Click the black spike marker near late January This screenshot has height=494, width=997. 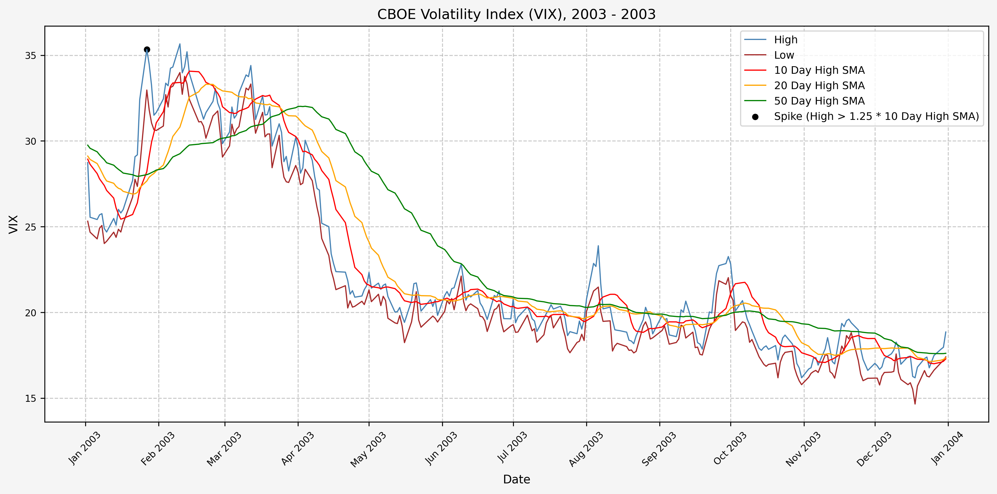click(147, 49)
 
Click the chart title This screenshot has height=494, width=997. click(516, 14)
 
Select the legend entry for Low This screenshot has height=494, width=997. click(784, 55)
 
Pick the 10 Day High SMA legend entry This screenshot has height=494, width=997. click(819, 70)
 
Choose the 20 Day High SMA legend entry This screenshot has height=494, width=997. click(819, 85)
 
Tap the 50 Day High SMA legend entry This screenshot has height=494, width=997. click(819, 101)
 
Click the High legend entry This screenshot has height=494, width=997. click(785, 39)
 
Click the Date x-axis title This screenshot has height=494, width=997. click(516, 479)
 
